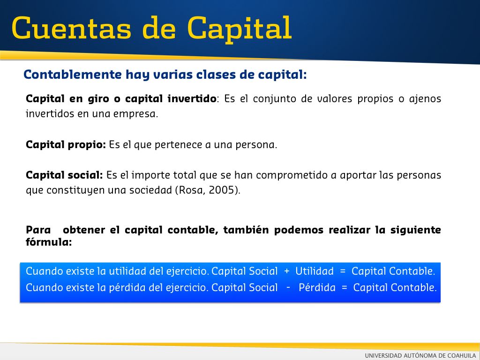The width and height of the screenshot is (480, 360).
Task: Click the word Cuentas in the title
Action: (x=72, y=28)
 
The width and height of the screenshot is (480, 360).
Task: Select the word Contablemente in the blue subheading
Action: (x=73, y=75)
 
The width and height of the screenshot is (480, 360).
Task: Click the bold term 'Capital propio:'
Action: (x=66, y=144)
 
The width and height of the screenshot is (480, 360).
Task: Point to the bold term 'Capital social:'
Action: (x=64, y=175)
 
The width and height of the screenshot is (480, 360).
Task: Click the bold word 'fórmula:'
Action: (x=49, y=242)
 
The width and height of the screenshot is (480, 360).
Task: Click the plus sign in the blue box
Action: (x=286, y=271)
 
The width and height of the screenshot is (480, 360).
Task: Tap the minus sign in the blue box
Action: (x=288, y=287)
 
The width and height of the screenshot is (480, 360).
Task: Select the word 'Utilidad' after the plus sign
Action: (x=315, y=271)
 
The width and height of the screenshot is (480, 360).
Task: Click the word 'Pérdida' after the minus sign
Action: (x=317, y=287)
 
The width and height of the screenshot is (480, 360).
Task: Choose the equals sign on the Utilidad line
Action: (x=343, y=271)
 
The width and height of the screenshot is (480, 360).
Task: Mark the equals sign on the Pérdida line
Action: (x=345, y=287)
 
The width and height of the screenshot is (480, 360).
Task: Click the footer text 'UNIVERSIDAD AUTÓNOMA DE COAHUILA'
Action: (x=420, y=355)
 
